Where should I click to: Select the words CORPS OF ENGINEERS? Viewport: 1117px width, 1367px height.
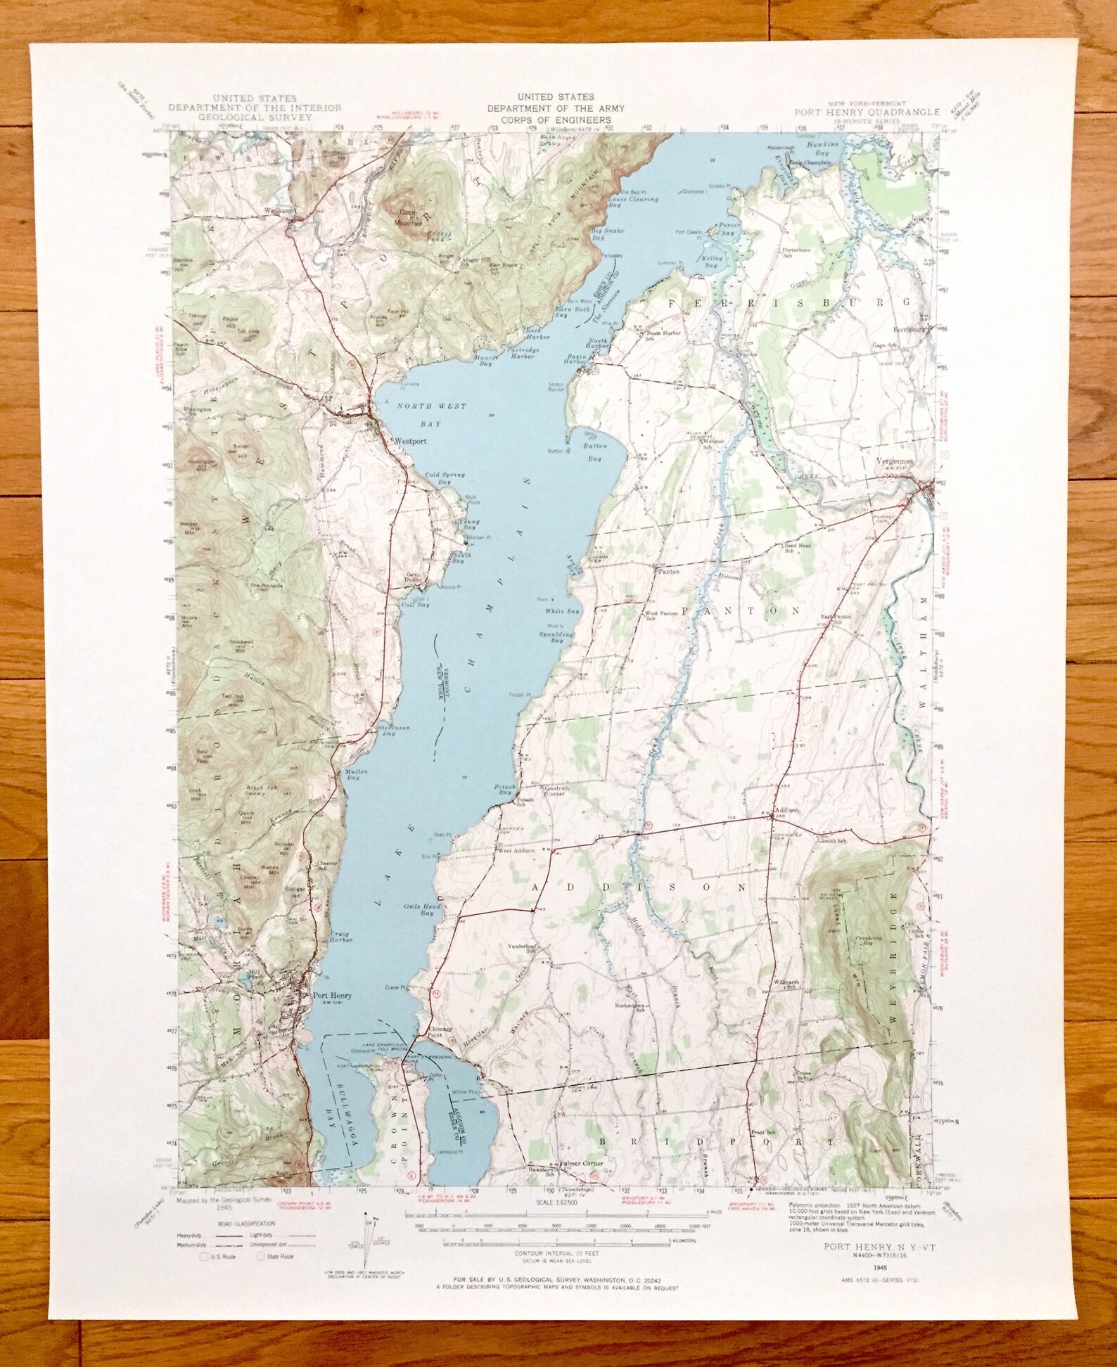(556, 120)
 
